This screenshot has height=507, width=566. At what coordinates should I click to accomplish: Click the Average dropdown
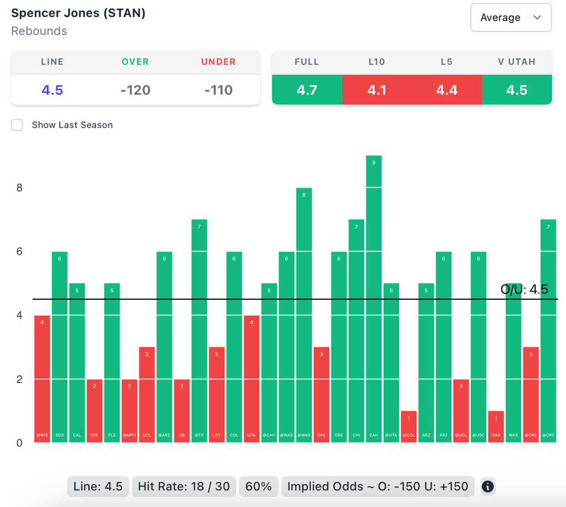(510, 18)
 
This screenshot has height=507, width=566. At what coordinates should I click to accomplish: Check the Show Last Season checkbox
(17, 125)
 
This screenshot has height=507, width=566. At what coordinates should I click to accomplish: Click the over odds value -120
(135, 89)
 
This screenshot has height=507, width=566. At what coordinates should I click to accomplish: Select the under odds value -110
(218, 89)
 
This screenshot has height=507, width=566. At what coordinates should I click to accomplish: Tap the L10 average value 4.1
(377, 89)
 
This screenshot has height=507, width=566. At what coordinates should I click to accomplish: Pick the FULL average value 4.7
(307, 89)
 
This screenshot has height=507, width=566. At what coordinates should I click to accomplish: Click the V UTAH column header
(517, 62)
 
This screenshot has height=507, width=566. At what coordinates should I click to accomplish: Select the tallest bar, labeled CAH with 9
(374, 298)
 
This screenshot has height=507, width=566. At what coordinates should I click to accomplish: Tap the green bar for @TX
(199, 331)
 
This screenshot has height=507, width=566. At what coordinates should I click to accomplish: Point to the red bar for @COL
(408, 427)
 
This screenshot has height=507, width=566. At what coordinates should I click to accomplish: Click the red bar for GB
(182, 411)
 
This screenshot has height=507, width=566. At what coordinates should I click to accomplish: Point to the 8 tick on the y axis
(19, 188)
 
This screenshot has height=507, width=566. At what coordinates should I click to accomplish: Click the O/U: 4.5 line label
(524, 289)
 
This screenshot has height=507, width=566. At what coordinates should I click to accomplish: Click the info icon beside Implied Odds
(488, 487)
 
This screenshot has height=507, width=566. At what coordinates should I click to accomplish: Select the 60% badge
(259, 487)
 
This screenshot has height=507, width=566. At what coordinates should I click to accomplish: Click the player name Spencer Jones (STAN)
(78, 13)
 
